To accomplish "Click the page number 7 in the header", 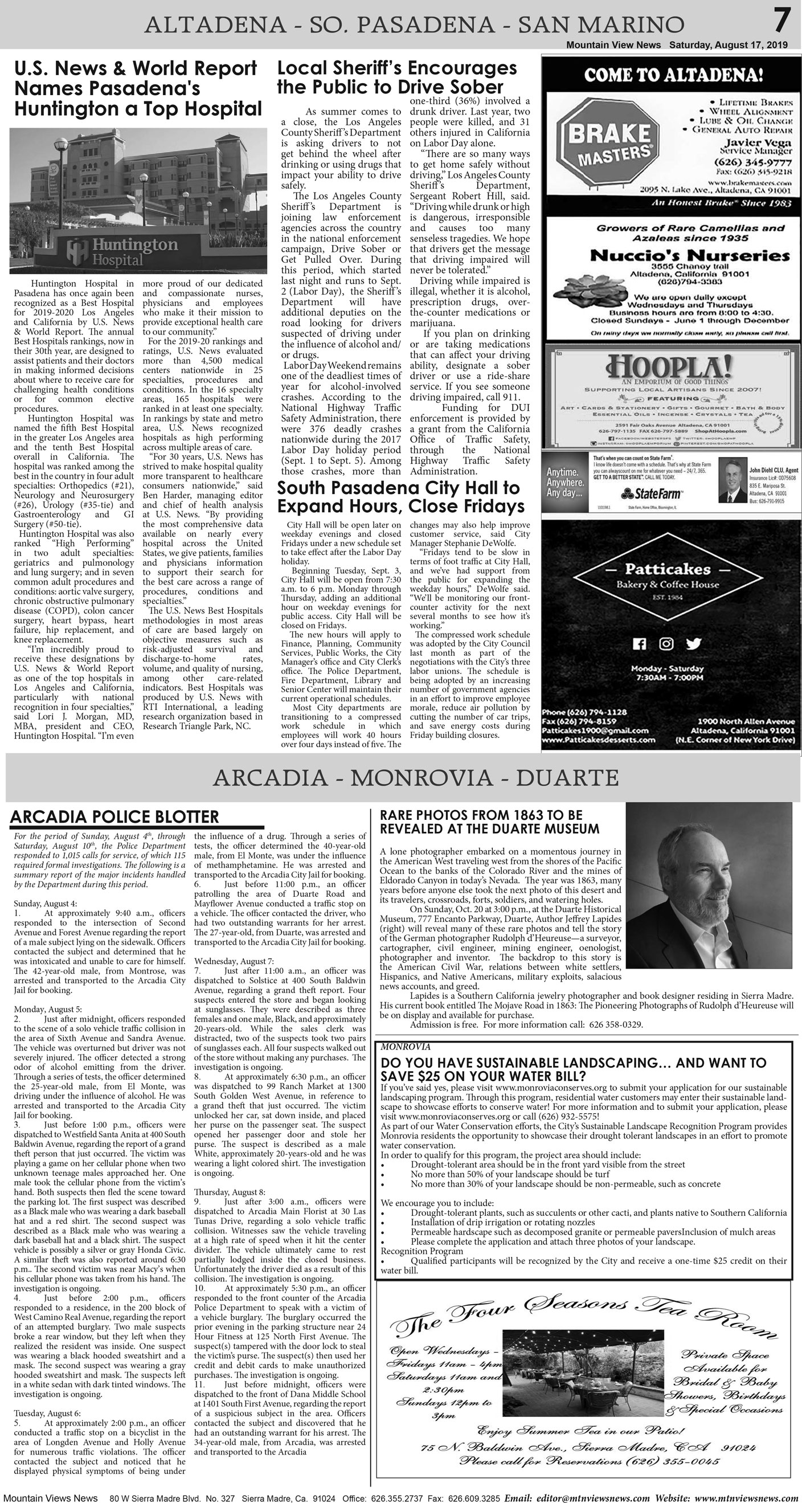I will tap(782, 22).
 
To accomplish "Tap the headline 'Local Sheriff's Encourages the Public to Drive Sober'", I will tap(396, 77).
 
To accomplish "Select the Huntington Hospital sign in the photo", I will tap(122, 250).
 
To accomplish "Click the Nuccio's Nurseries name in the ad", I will tap(690, 256).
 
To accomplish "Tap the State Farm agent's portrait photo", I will tap(733, 480).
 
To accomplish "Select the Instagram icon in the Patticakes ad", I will tap(666, 644).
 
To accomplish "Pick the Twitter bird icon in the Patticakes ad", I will tap(694, 644).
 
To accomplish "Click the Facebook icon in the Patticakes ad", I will tap(640, 644).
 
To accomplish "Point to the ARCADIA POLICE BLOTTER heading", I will tap(114, 817).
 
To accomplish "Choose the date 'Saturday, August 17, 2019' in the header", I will tap(728, 45).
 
